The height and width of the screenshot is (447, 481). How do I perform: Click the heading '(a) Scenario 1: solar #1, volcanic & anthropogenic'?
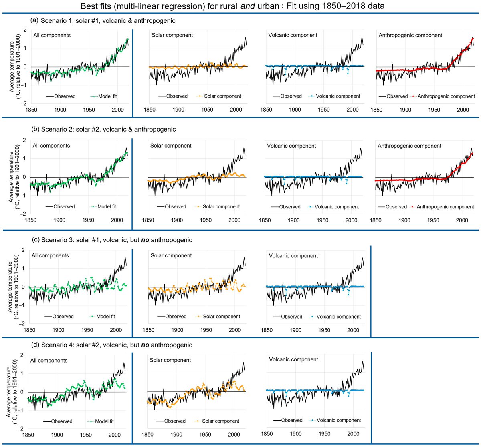pyautogui.click(x=103, y=20)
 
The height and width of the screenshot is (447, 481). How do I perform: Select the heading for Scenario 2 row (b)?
pyautogui.click(x=103, y=129)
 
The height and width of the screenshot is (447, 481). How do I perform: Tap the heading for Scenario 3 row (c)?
pyautogui.click(x=112, y=240)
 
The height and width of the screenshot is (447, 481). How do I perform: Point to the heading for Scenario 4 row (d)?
pyautogui.click(x=112, y=345)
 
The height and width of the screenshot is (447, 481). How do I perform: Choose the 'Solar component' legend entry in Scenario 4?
pyautogui.click(x=221, y=421)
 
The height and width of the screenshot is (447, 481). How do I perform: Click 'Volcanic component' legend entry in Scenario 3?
pyautogui.click(x=338, y=317)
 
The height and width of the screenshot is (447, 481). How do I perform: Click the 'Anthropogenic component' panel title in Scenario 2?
pyautogui.click(x=409, y=146)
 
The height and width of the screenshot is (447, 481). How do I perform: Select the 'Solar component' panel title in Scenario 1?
pyautogui.click(x=172, y=35)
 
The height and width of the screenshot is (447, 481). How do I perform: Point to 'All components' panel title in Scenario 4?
pyautogui.click(x=49, y=361)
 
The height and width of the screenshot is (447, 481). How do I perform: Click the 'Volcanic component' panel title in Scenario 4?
pyautogui.click(x=293, y=359)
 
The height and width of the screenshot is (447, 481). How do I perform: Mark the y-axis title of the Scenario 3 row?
pyautogui.click(x=13, y=287)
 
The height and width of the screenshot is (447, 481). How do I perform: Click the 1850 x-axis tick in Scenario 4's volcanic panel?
pyautogui.click(x=267, y=434)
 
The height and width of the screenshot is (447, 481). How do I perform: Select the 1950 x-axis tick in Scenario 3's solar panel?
pyautogui.click(x=206, y=330)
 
